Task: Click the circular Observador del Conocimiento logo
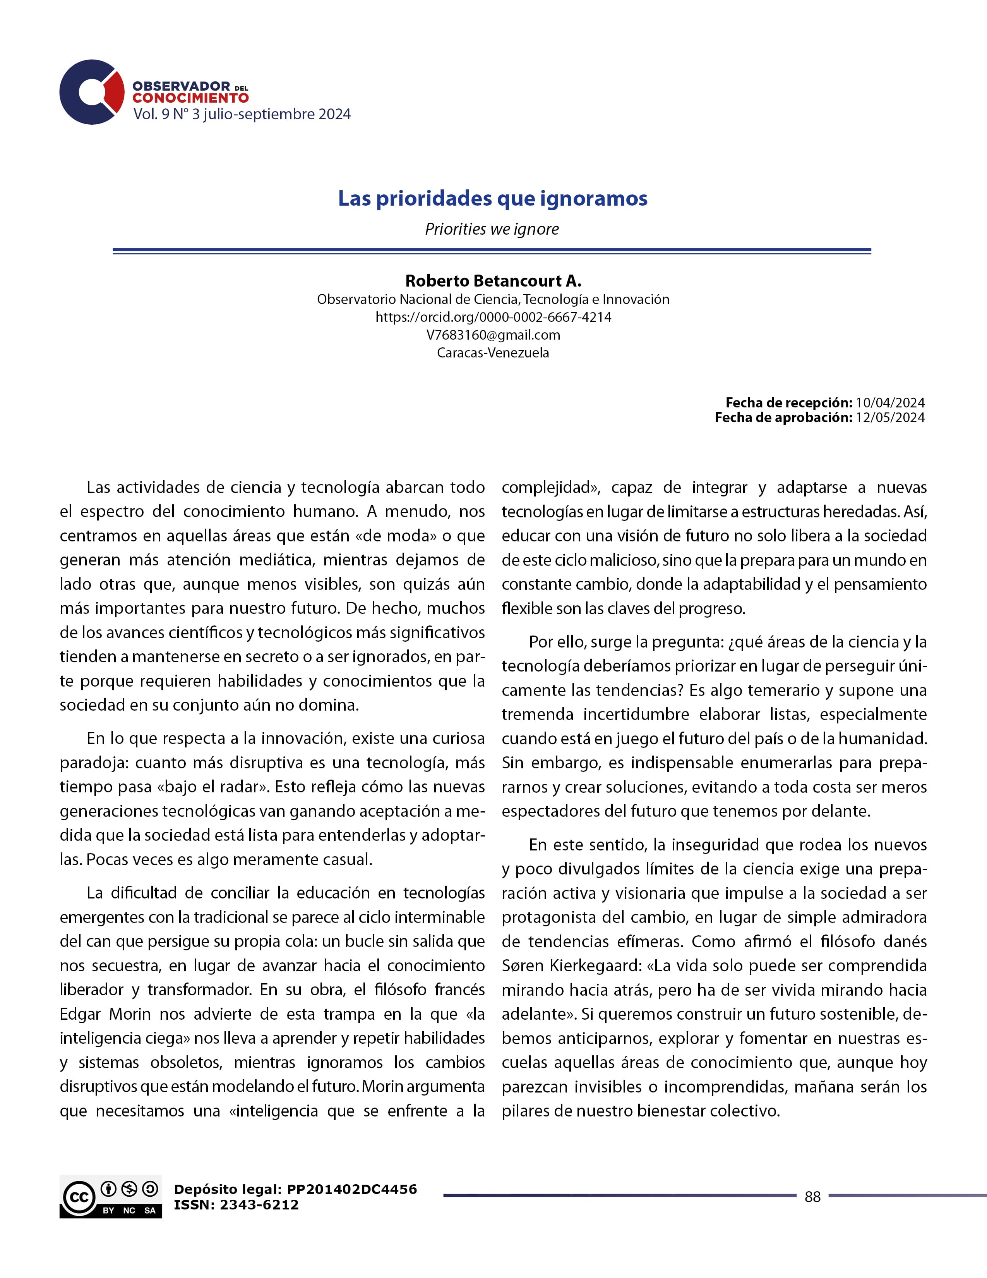(92, 92)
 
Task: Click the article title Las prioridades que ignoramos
(492, 198)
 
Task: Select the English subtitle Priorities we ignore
(492, 229)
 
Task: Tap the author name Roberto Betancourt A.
(493, 281)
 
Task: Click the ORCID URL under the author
(493, 317)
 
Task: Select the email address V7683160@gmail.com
(493, 335)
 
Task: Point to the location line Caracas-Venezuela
(493, 353)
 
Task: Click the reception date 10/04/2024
(890, 403)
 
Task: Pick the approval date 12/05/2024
(890, 417)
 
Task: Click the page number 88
(812, 1197)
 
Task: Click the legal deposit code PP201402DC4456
(351, 1189)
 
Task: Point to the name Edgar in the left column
(80, 1014)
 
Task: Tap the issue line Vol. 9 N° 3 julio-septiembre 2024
(242, 114)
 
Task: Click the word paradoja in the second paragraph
(94, 763)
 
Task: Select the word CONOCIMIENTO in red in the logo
(190, 98)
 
